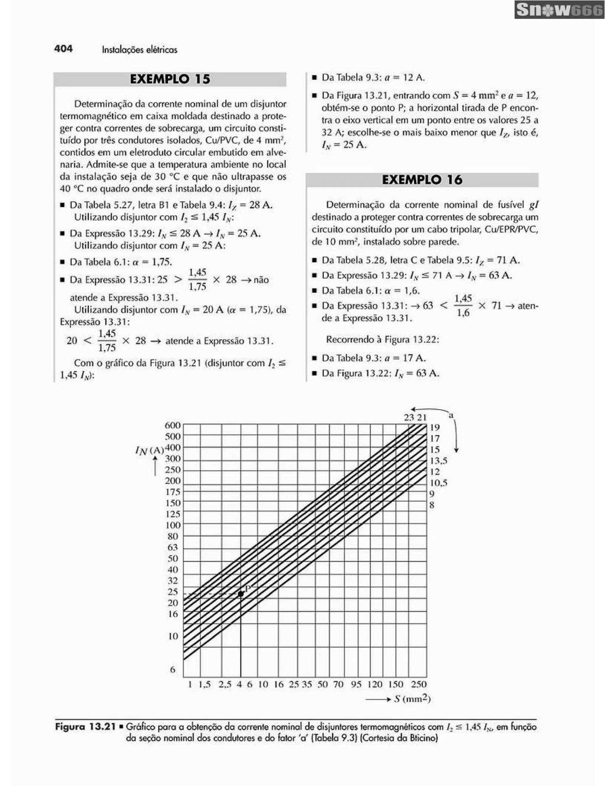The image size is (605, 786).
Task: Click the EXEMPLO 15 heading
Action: [170, 79]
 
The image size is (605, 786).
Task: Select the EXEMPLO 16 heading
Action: [422, 180]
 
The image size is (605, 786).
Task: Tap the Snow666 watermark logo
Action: [559, 10]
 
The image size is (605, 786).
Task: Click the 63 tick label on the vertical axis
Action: [173, 547]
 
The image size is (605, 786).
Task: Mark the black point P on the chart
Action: [241, 594]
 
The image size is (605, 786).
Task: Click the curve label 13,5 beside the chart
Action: [438, 461]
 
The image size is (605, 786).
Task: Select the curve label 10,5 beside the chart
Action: [438, 483]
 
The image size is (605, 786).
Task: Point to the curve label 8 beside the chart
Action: [432, 505]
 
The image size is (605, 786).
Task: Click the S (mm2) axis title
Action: [412, 699]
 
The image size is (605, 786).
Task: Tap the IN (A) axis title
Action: [149, 450]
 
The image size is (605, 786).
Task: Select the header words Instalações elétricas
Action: [139, 50]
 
